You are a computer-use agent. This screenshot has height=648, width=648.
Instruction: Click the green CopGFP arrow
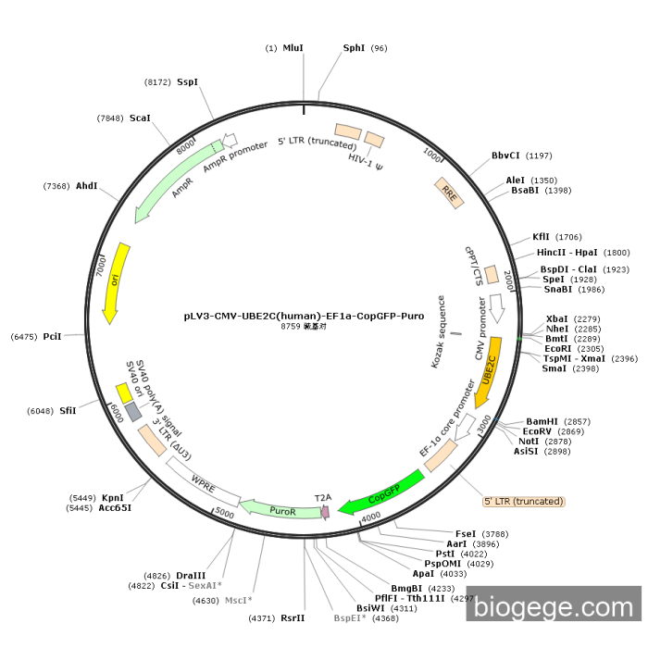(x=381, y=492)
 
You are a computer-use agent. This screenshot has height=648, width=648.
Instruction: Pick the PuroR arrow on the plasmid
(x=280, y=508)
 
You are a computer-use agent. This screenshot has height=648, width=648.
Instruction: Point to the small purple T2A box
(x=325, y=510)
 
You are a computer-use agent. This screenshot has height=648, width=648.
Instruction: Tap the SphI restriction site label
(x=355, y=48)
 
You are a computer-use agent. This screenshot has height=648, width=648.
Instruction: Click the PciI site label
(x=52, y=336)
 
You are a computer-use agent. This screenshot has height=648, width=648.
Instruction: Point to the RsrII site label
(x=293, y=617)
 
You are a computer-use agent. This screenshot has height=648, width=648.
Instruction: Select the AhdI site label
(x=87, y=186)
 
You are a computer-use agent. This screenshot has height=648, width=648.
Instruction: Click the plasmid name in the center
(x=304, y=316)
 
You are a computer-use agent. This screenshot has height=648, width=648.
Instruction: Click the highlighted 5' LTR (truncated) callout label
(x=523, y=501)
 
